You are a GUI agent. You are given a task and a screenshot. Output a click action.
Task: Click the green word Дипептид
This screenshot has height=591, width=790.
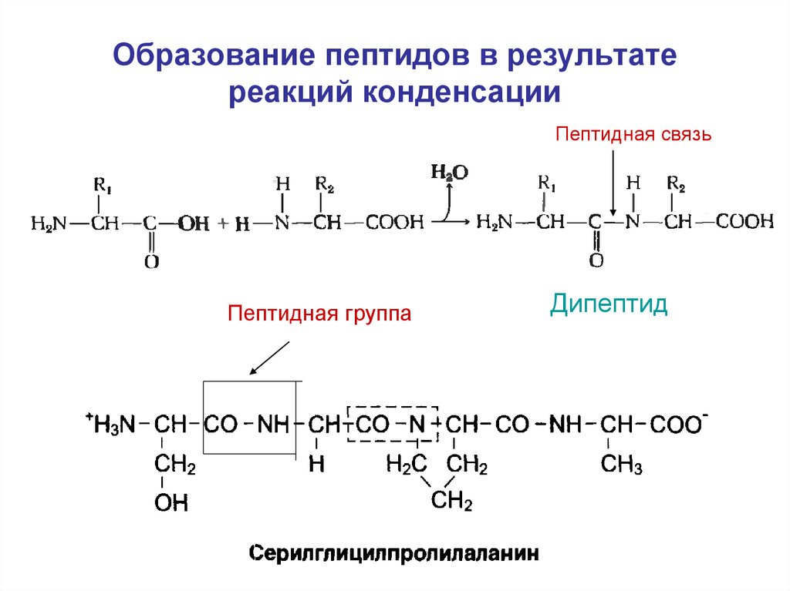point(609,304)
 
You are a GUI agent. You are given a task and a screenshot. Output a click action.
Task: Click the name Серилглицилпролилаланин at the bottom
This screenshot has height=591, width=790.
point(393,554)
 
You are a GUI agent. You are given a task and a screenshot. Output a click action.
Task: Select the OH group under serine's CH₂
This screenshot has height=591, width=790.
point(170,504)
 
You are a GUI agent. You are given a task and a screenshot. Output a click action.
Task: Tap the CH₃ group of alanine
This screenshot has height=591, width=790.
point(622,465)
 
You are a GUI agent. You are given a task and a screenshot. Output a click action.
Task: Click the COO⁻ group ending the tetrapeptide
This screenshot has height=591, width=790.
point(680,424)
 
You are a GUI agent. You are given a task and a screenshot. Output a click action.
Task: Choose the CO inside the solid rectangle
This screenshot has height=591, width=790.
point(221,424)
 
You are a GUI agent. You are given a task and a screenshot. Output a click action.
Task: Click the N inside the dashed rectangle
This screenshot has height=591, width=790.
point(417,424)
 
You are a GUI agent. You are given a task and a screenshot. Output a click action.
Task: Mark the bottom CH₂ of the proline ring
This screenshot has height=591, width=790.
point(451,502)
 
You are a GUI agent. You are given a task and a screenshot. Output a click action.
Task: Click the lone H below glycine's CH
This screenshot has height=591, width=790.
point(316,465)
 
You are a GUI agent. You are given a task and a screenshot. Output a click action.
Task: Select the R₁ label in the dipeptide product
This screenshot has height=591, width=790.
point(546,183)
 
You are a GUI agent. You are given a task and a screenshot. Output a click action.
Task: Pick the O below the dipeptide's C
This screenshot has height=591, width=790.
point(596,261)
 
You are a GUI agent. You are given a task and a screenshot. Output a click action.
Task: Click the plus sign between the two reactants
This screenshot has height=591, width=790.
point(223,223)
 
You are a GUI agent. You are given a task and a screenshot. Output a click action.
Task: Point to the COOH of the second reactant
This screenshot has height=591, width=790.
point(394,223)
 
